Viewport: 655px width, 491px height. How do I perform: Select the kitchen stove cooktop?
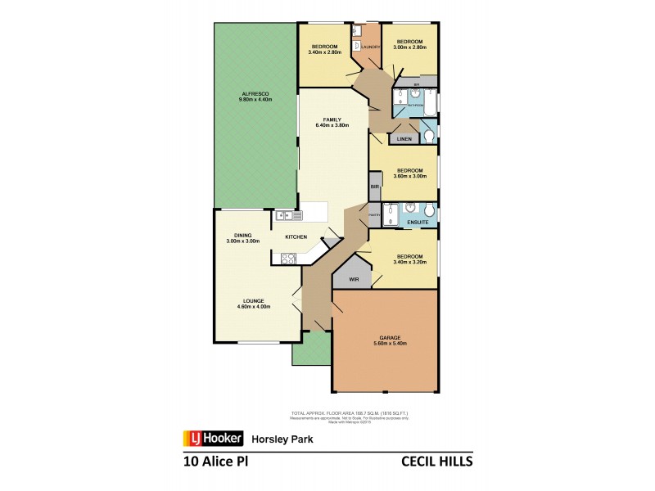click(x=288, y=259)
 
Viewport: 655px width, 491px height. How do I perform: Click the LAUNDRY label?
click(x=370, y=47)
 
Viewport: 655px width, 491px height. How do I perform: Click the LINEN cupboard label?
click(x=404, y=140)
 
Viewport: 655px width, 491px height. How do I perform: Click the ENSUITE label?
click(x=418, y=221)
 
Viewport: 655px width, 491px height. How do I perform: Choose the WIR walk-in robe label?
click(x=354, y=279)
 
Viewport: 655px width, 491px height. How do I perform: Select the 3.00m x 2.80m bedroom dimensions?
click(x=409, y=47)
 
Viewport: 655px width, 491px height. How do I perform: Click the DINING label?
click(x=242, y=236)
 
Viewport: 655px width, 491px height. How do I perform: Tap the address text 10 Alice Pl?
click(x=215, y=462)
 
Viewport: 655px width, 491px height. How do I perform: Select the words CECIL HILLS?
click(x=436, y=462)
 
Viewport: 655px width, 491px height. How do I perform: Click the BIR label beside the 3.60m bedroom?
click(x=374, y=187)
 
